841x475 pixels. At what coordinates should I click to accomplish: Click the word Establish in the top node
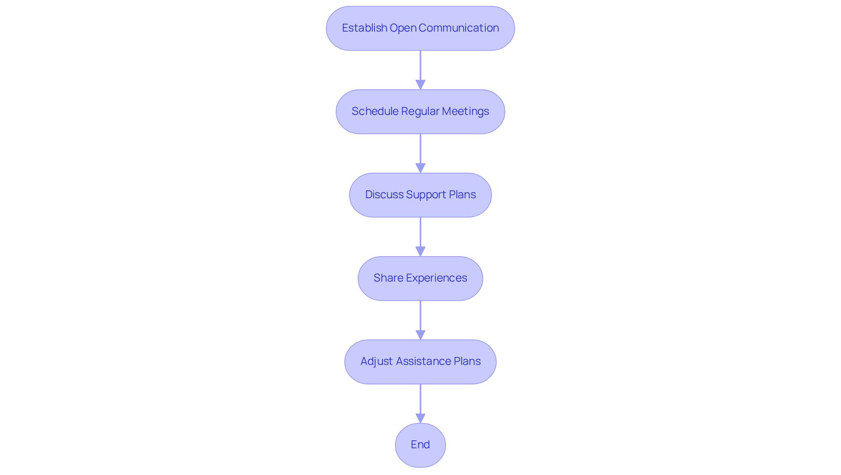click(x=364, y=28)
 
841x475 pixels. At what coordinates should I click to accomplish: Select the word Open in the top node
click(x=403, y=28)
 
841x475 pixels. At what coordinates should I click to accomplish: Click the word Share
click(x=388, y=278)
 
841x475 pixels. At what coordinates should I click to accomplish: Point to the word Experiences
click(x=436, y=278)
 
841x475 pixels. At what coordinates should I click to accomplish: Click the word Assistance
click(x=423, y=361)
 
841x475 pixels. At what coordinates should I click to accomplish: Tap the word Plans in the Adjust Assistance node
click(x=467, y=361)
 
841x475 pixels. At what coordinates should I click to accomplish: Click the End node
click(x=420, y=445)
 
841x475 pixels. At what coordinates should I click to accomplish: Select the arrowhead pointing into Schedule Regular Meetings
click(x=420, y=85)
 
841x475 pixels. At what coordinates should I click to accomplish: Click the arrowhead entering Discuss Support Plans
click(x=420, y=168)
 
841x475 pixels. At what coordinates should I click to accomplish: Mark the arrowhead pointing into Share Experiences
click(x=420, y=251)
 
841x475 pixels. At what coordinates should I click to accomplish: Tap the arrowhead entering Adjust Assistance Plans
click(x=420, y=335)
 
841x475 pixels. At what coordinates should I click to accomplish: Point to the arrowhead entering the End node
click(x=420, y=418)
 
